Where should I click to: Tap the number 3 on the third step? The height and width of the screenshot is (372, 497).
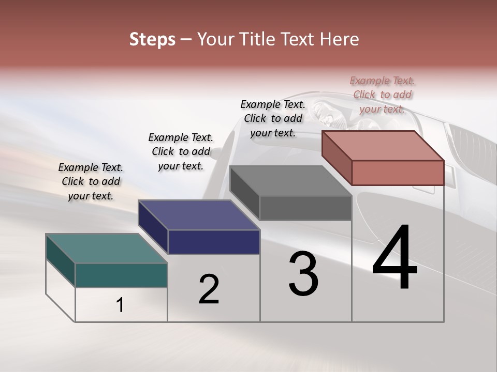[303, 274]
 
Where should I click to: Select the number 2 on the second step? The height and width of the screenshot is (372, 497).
[209, 289]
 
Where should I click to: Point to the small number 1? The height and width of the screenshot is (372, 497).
[120, 305]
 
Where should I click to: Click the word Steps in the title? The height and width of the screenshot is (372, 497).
[152, 39]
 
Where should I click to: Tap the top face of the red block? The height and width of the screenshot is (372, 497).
[383, 145]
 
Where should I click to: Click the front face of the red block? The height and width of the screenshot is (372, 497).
[398, 173]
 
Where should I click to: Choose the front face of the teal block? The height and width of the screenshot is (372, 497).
[121, 275]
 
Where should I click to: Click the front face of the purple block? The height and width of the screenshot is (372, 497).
[214, 242]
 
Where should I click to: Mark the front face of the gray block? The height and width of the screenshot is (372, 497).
[305, 208]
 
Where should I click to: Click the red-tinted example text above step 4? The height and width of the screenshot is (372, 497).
[382, 95]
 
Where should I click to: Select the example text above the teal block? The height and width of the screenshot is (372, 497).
[91, 181]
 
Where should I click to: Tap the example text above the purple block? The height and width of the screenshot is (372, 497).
[181, 151]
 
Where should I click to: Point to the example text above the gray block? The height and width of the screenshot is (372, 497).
[273, 118]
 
